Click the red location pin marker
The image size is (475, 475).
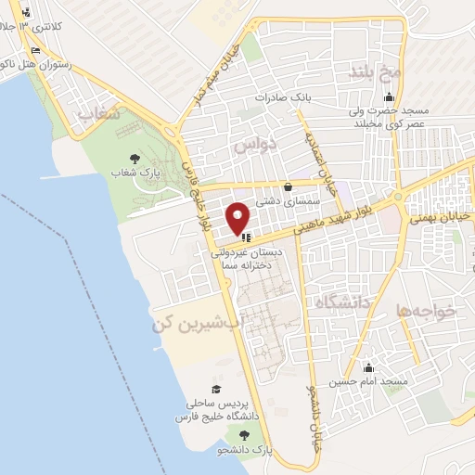coord(238,218)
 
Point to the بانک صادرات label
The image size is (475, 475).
coord(284,97)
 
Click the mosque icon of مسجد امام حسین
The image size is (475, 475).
coord(369,367)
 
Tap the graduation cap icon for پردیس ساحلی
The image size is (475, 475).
coord(215,390)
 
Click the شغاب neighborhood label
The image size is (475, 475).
coord(100,113)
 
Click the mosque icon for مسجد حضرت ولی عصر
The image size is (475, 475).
coord(389,98)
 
